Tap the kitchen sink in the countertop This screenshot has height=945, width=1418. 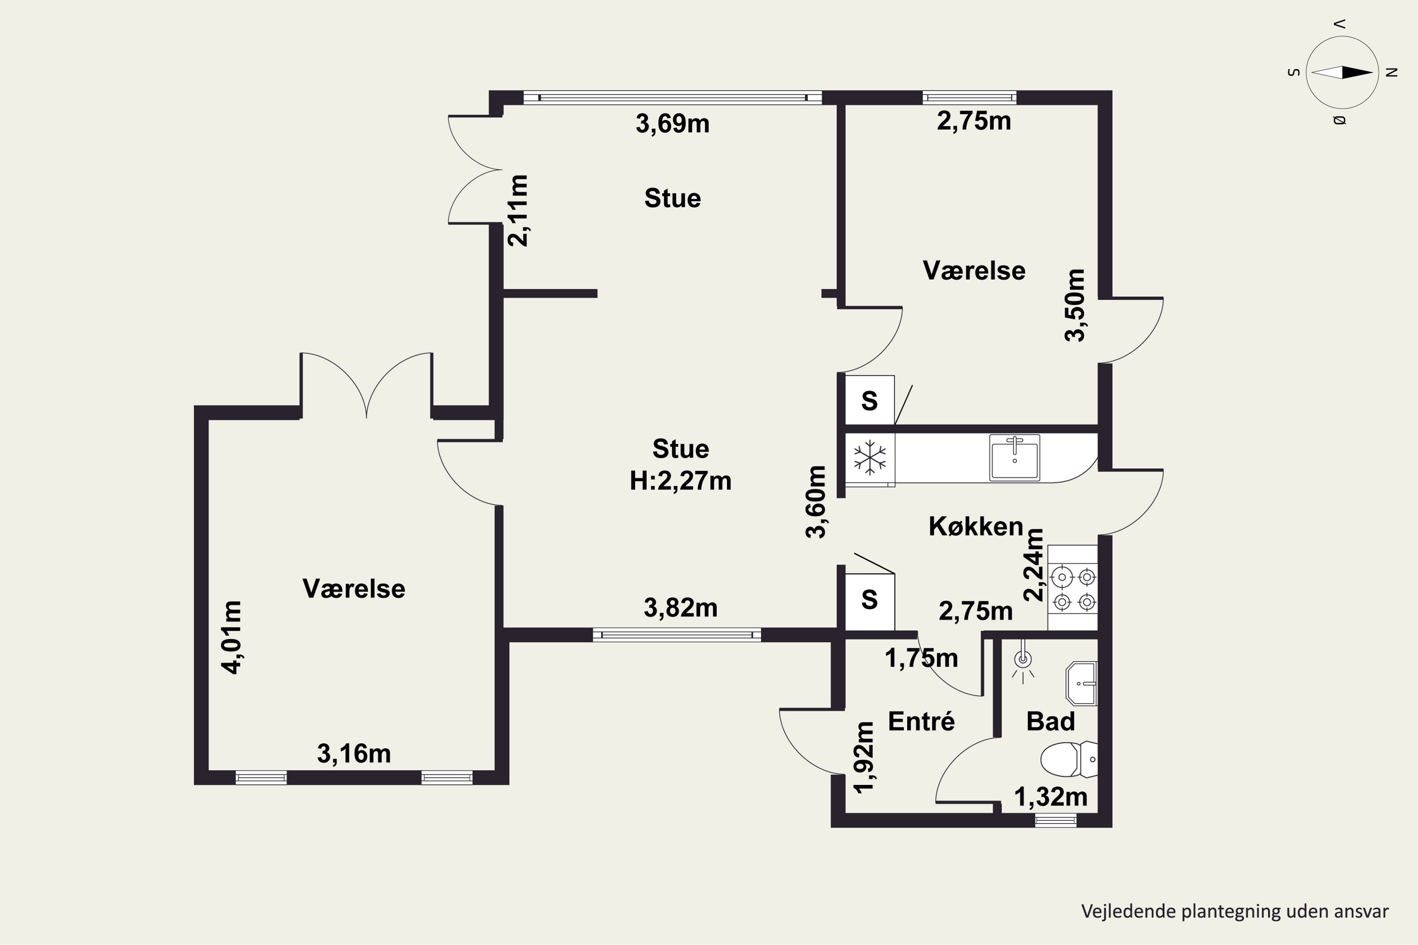coord(1015,457)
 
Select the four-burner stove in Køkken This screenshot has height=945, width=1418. coord(1073,588)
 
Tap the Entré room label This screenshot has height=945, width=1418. coord(921,722)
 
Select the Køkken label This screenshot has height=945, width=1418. coord(976,527)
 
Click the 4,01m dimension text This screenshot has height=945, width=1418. coord(232,637)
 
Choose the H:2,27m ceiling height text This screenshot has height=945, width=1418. coord(681,481)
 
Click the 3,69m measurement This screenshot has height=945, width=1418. coord(672,123)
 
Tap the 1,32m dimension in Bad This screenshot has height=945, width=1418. coord(1051,797)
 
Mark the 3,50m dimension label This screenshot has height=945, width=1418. coord(1074,306)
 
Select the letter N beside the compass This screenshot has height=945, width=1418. coord(1392,72)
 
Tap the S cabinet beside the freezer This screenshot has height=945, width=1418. coord(869,400)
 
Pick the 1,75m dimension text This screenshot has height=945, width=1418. coord(921,658)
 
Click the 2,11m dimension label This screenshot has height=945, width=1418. coord(519,210)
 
